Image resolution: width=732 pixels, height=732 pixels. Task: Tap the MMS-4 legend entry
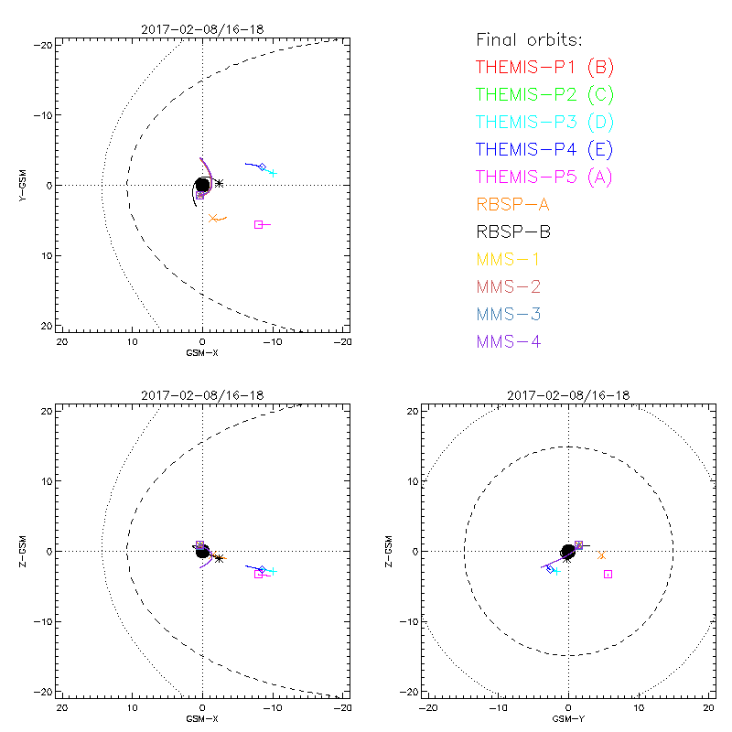tap(514, 341)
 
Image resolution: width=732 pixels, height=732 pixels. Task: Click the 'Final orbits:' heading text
tap(529, 40)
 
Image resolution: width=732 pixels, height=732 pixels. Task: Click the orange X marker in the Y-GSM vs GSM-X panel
tap(212, 218)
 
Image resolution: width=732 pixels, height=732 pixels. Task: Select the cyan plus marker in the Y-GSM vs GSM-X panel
tap(273, 173)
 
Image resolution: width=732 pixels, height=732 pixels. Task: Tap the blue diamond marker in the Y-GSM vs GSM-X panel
tap(263, 167)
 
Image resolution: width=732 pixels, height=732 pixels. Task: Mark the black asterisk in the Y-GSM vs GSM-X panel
tap(219, 183)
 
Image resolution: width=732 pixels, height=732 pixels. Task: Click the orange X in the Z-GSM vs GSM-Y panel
tap(601, 555)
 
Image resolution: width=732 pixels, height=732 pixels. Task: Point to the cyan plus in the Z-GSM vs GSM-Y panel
tap(556, 571)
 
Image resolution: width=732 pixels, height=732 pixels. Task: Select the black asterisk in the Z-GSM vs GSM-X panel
tap(219, 558)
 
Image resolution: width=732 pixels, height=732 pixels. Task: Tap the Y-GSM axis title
tap(25, 185)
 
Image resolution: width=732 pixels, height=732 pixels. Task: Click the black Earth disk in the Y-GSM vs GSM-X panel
tap(202, 185)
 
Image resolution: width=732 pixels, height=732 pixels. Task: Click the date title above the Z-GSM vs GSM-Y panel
tap(568, 395)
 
